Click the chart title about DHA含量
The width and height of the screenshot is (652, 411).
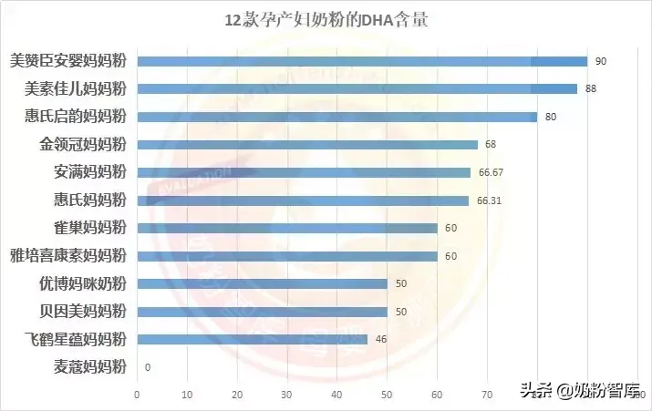pyautogui.click(x=326, y=21)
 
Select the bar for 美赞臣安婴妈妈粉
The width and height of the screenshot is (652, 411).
pyautogui.click(x=362, y=61)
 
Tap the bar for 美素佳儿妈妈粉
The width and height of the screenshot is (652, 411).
pyautogui.click(x=357, y=88)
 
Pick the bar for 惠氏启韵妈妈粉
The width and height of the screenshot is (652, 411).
pyautogui.click(x=336, y=117)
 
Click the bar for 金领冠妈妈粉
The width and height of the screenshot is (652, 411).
pyautogui.click(x=307, y=144)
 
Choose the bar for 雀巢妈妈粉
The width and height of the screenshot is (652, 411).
pyautogui.click(x=287, y=228)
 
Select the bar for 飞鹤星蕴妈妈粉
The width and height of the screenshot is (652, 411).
pyautogui.click(x=252, y=339)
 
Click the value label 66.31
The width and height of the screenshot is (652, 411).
pyautogui.click(x=488, y=200)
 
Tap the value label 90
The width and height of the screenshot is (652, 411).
pyautogui.click(x=601, y=61)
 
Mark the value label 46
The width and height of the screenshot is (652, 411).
pyautogui.click(x=380, y=339)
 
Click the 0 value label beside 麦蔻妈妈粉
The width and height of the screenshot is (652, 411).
pyautogui.click(x=148, y=367)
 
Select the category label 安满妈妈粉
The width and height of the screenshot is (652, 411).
pyautogui.click(x=90, y=172)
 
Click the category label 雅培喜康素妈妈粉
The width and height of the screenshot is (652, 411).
pyautogui.click(x=68, y=255)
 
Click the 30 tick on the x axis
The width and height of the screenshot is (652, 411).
pyautogui.click(x=286, y=395)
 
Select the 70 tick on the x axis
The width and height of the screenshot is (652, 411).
pyautogui.click(x=486, y=395)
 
